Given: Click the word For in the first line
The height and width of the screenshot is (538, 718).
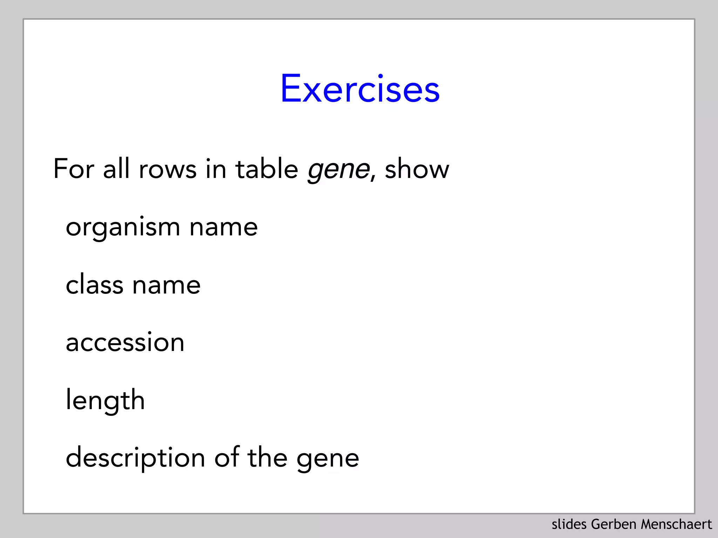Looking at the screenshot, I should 74,169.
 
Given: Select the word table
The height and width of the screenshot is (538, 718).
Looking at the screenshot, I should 266,169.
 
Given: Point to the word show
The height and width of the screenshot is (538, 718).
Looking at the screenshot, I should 416,169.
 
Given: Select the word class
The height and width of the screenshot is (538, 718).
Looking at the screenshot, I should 94,284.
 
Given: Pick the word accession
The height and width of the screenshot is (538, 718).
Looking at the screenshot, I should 125,343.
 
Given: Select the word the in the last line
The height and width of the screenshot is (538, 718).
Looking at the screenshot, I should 267,458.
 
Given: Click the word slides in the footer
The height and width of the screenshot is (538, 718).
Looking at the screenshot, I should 569,524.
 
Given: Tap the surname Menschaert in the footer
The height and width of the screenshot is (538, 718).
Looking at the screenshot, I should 676,524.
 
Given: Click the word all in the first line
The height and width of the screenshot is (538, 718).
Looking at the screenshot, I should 116,169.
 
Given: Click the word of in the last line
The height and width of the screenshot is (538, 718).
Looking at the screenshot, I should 226,458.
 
